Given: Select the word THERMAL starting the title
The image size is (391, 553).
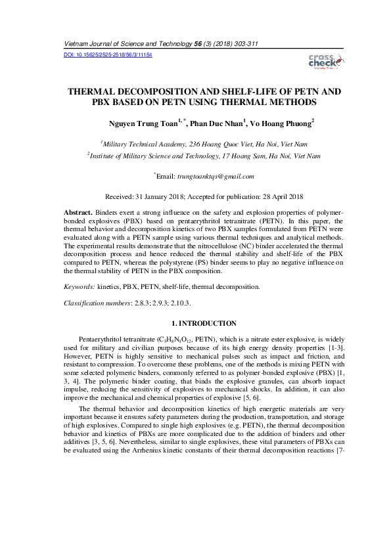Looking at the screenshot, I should tap(92, 92).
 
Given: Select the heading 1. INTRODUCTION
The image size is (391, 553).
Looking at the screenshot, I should tap(203, 323).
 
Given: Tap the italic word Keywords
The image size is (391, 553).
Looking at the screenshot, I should tap(80, 287).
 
